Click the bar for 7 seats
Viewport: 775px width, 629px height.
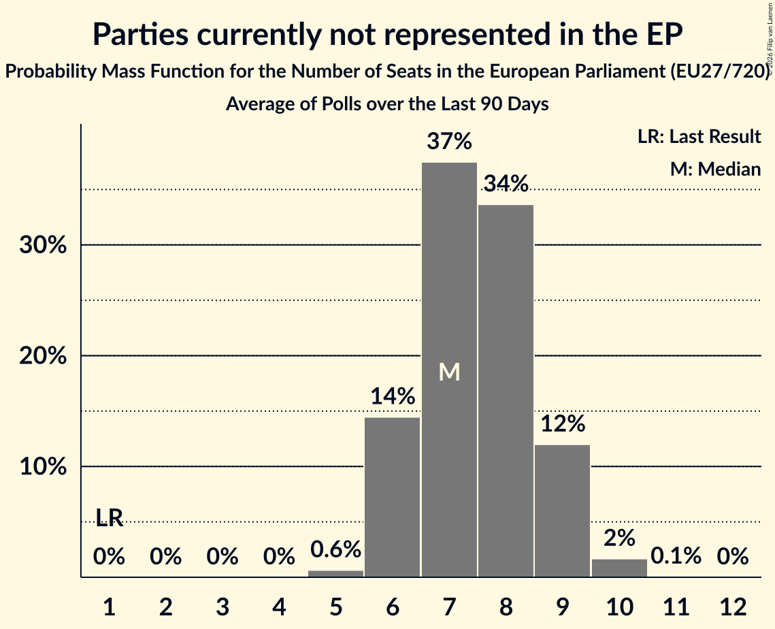point(449,370)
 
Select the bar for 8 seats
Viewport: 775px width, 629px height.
point(506,391)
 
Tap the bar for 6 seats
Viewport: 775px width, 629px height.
point(393,497)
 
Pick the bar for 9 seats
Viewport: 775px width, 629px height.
point(563,511)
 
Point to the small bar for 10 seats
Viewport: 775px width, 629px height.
point(619,568)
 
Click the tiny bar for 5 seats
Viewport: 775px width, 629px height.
point(335,574)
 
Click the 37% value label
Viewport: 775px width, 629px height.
point(449,142)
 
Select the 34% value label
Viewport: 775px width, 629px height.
point(506,184)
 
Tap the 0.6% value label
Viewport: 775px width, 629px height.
point(335,549)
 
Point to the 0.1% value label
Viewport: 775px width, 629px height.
point(676,555)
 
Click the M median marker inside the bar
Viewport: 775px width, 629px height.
point(449,372)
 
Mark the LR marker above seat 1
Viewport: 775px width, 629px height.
point(110,517)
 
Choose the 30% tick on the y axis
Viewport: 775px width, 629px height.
point(43,245)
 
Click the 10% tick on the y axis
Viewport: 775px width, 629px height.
point(43,466)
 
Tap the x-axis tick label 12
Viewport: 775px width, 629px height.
point(733,607)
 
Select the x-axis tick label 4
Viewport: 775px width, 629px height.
point(279,607)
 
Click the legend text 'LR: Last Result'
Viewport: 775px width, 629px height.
point(699,136)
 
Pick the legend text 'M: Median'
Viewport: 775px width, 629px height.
point(715,169)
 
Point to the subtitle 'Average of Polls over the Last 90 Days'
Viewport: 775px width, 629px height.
point(388,104)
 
